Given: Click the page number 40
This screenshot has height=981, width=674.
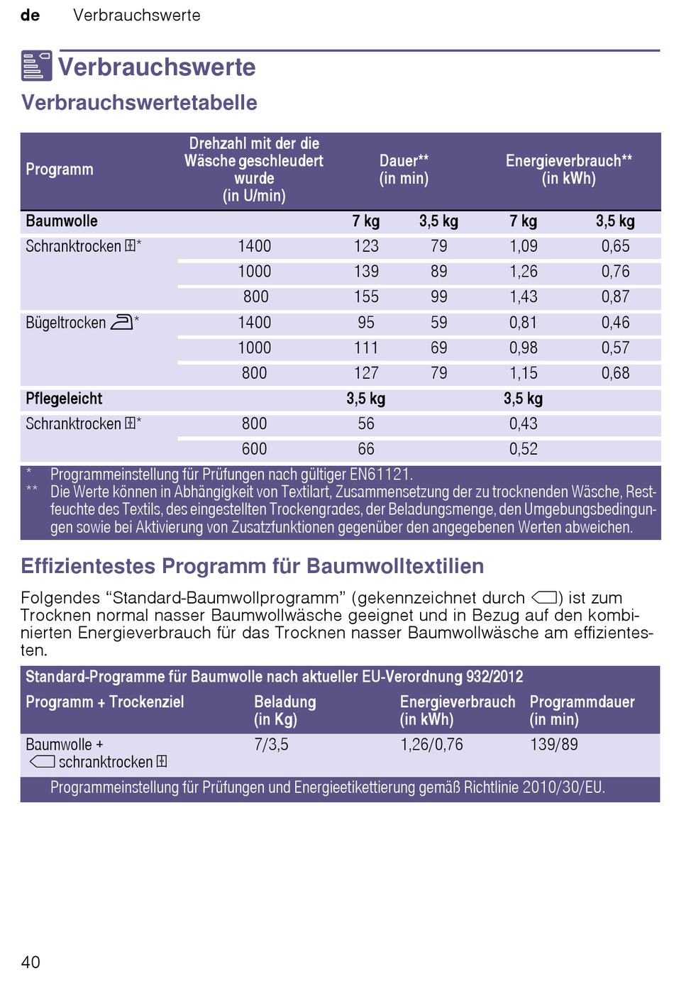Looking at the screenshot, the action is coord(31,962).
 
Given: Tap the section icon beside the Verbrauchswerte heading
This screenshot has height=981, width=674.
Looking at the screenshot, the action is coord(36,66).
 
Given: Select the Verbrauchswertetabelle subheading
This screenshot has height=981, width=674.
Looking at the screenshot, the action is coord(139,102).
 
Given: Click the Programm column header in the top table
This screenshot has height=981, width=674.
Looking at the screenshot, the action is coord(60,170).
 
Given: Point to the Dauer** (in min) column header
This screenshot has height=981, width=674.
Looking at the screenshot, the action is coord(404,170).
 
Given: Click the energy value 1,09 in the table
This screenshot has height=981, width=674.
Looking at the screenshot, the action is coord(524,246).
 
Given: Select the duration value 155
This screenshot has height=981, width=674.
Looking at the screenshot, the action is coord(366,297).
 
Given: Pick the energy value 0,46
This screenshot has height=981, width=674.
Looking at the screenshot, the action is coord(615,323).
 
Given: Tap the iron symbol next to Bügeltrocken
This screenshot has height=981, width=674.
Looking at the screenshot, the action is coord(121,322).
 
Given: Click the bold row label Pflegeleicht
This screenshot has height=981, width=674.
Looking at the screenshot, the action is coord(64,399).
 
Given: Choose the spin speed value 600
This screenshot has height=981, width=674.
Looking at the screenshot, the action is coord(255,449).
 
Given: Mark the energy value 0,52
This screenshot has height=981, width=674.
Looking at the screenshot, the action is coord(524,449).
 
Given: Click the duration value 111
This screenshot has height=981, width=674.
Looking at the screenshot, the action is coord(366,348).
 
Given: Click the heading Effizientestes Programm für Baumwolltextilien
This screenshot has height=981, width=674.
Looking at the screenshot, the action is coord(253,566).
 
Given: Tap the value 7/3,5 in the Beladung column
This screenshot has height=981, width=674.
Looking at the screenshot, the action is coord(272,745).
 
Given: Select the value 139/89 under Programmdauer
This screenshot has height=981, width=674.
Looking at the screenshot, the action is coord(554,745).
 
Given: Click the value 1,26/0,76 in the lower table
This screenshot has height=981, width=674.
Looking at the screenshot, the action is coord(432,745).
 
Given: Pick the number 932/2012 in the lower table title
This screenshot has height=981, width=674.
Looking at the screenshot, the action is coord(495,677).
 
